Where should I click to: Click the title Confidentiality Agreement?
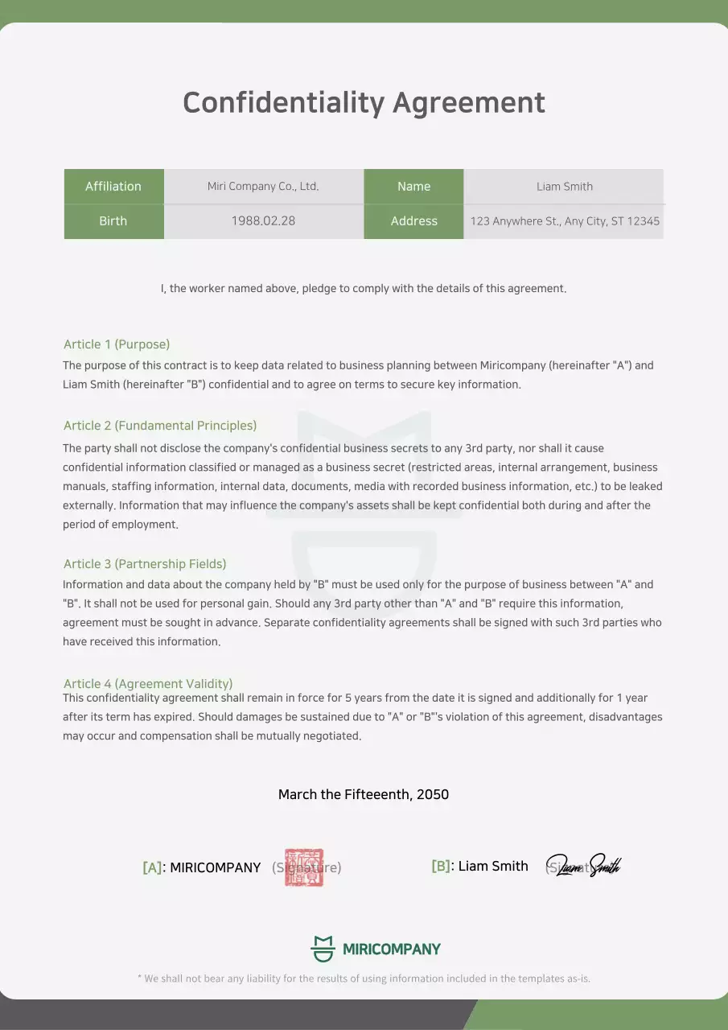(364, 103)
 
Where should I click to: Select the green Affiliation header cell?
(113, 186)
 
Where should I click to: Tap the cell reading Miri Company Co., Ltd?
(263, 186)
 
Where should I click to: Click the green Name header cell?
(413, 186)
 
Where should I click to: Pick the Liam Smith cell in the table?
(564, 186)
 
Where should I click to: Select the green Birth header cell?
(113, 221)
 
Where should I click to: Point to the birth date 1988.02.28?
(263, 221)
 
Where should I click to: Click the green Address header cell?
(413, 221)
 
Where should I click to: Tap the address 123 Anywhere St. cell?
(564, 221)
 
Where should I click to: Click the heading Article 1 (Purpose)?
(117, 344)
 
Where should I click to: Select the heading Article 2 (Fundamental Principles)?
(160, 426)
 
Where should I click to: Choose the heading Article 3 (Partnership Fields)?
(145, 564)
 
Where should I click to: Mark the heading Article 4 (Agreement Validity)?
(148, 684)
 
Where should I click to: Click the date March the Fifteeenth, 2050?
(364, 794)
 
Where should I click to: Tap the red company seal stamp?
(304, 867)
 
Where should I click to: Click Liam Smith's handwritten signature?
(586, 866)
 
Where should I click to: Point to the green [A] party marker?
(152, 867)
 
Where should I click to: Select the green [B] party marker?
(441, 866)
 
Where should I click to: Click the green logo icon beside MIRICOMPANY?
(323, 949)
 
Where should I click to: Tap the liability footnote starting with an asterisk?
(364, 978)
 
